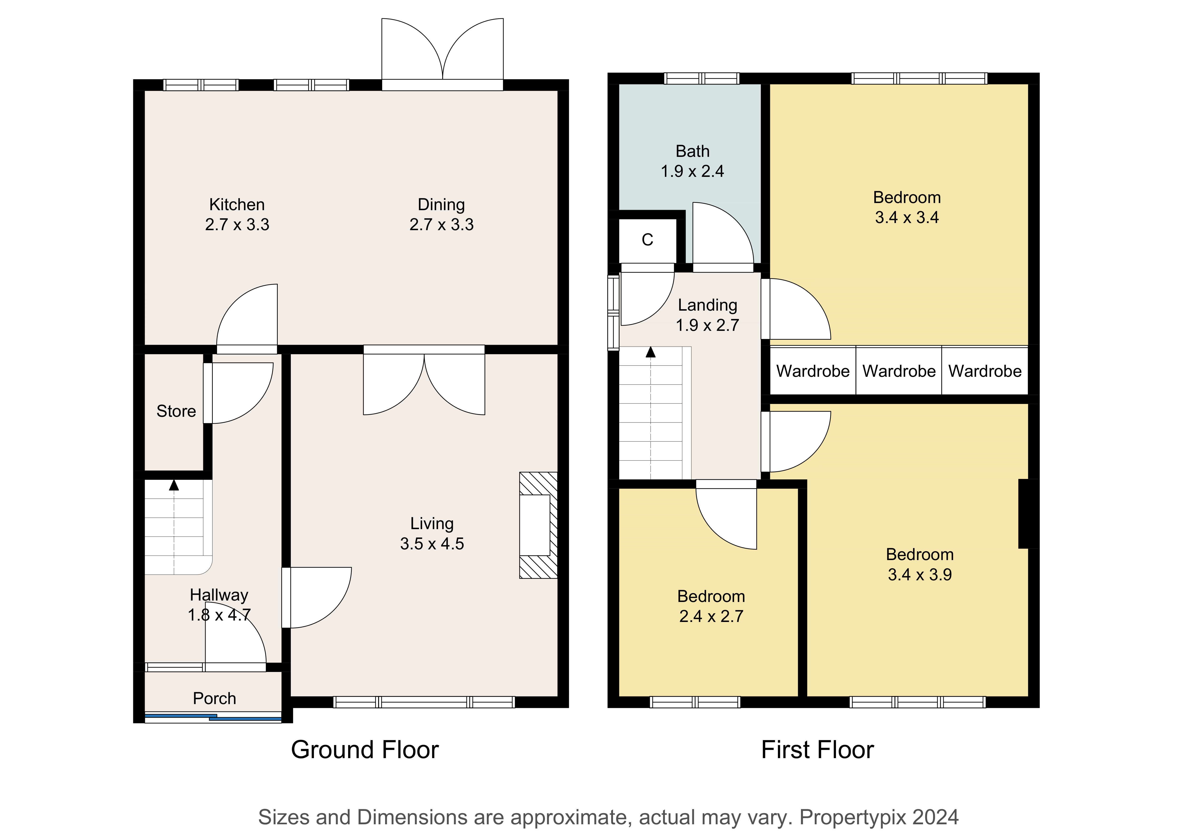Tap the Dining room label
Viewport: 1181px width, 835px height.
click(x=441, y=205)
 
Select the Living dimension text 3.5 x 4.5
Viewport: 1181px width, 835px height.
click(x=432, y=544)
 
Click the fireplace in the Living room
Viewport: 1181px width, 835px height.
click(x=538, y=525)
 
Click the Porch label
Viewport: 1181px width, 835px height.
click(x=214, y=699)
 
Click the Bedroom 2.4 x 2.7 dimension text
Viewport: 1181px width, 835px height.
click(x=711, y=616)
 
